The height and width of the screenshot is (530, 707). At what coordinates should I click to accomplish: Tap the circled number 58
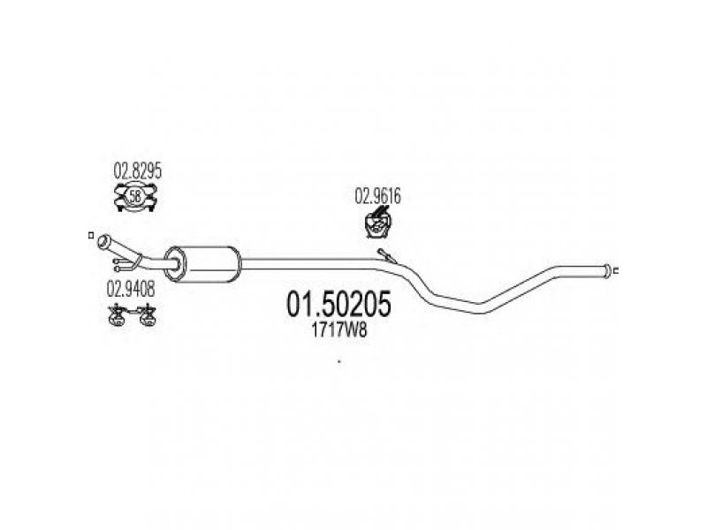pos(135,197)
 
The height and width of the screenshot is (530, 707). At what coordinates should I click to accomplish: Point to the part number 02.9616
pos(378,197)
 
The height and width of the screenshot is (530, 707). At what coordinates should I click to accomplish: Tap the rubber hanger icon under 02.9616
pos(379,224)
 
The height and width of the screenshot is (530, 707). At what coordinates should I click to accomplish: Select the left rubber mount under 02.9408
pos(115,315)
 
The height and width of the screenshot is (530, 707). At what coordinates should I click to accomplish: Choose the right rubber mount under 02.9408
pos(147,315)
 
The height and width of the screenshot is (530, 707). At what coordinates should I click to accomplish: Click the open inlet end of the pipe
pos(103,240)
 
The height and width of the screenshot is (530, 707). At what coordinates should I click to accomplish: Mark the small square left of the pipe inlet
pos(91,235)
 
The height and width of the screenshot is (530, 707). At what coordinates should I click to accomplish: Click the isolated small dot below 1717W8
pos(339,361)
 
